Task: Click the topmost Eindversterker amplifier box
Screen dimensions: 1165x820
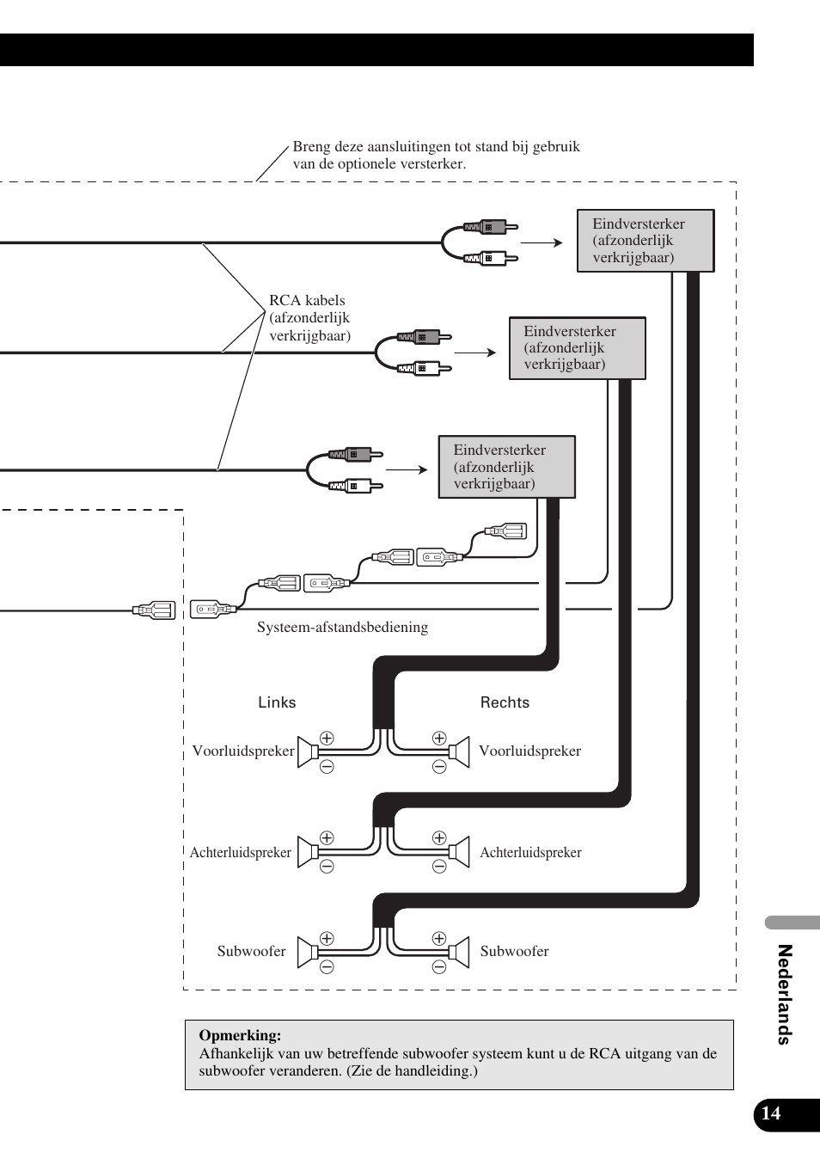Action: [645, 241]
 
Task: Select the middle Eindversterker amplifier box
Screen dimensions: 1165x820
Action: [577, 347]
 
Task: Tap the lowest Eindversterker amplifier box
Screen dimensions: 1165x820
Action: [506, 467]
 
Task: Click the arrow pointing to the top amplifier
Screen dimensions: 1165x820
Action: [542, 242]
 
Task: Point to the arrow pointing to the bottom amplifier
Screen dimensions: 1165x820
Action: [407, 469]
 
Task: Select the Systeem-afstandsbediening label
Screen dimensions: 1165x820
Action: [342, 628]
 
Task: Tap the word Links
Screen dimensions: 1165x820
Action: [277, 702]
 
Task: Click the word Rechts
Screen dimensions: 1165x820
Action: [505, 702]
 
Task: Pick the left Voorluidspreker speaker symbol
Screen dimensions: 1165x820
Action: [308, 751]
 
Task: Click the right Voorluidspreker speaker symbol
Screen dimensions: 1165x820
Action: [459, 751]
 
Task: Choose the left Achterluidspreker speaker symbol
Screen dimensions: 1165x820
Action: [308, 852]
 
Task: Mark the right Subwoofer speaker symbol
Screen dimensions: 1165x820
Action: [459, 952]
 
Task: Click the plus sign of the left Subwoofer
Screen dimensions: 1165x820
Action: [327, 939]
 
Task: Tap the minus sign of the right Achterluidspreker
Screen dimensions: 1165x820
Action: [439, 867]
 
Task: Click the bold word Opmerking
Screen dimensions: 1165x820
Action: [240, 1036]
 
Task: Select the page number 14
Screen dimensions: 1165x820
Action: [772, 1113]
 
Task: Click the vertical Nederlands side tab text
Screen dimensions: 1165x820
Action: [784, 994]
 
